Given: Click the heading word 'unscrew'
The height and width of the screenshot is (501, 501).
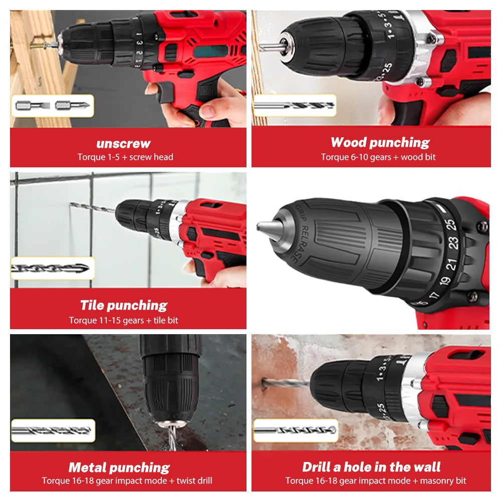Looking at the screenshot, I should tap(123, 143).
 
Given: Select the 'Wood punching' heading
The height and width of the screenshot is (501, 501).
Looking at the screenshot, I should tap(380, 142).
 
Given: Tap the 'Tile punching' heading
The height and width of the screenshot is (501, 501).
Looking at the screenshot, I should tap(124, 305).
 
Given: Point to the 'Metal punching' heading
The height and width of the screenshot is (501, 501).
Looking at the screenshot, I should tap(119, 467).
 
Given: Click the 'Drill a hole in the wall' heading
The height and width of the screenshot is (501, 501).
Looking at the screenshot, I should tap(371, 467).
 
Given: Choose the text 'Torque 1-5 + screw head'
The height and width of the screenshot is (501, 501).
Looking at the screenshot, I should tap(125, 157).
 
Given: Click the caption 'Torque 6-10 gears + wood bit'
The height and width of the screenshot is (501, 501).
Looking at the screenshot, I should tap(378, 157).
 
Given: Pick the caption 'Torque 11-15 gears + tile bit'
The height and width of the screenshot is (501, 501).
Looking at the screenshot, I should tap(124, 320).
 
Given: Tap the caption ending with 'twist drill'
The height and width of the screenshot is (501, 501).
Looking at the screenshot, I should tap(127, 481).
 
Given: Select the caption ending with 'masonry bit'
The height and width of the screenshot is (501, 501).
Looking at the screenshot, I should tap(376, 481).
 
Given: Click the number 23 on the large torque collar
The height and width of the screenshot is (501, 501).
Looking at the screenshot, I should tap(454, 242).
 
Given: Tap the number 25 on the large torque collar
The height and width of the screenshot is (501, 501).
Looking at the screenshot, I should tap(451, 223).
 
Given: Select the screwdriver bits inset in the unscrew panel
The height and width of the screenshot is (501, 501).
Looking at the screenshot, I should tap(53, 106).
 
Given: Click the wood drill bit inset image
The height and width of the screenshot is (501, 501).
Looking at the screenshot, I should tap(295, 106).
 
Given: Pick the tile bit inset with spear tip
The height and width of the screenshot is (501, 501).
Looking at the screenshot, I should tap(52, 269).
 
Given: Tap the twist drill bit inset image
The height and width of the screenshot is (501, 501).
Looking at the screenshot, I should tap(52, 430).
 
